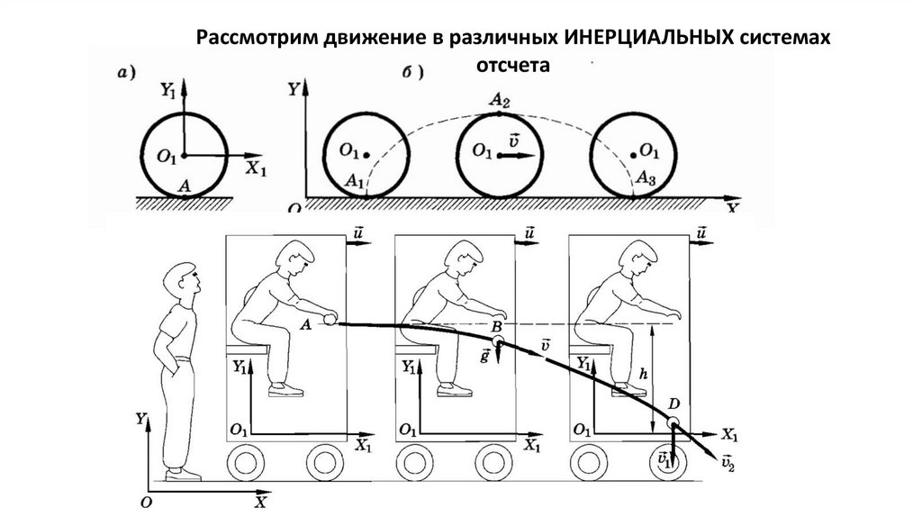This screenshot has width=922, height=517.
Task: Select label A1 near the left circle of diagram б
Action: click(354, 181)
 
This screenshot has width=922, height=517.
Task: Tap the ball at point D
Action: click(673, 422)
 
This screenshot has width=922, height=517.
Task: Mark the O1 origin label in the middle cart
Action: click(408, 429)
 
